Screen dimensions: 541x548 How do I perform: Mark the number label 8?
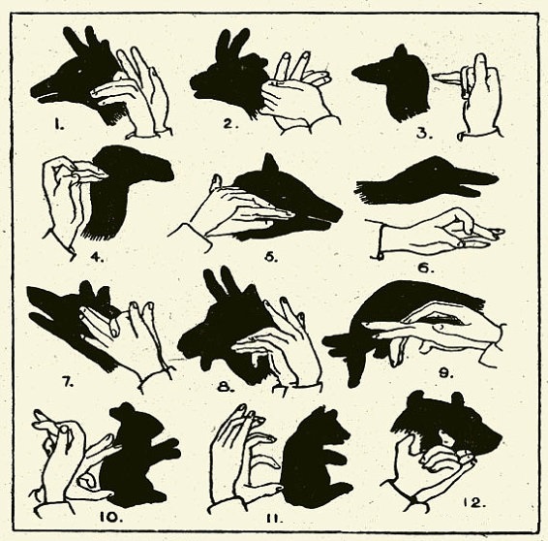click(x=226, y=386)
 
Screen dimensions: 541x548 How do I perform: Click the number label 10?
click(x=112, y=517)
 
